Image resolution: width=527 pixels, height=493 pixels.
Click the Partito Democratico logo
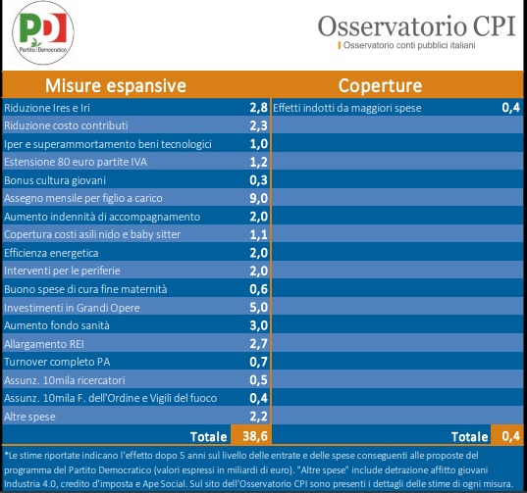pyautogui.click(x=43, y=32)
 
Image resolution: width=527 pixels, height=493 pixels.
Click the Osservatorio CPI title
pyautogui.click(x=416, y=25)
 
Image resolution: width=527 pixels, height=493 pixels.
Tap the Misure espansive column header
pyautogui.click(x=116, y=85)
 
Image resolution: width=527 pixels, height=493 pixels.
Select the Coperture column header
pyautogui.click(x=380, y=85)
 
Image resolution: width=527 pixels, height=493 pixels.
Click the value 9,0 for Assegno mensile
pyautogui.click(x=258, y=198)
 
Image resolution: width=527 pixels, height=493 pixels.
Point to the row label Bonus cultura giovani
pyautogui.click(x=55, y=180)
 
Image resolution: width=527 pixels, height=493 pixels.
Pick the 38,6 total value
pyautogui.click(x=255, y=436)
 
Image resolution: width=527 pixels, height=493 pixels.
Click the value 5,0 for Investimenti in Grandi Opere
pyautogui.click(x=258, y=307)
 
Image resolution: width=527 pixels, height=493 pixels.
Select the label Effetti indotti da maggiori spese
pyautogui.click(x=347, y=108)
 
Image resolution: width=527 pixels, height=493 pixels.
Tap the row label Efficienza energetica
pyautogui.click(x=51, y=253)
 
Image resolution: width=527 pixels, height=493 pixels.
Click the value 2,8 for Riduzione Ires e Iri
pyautogui.click(x=258, y=108)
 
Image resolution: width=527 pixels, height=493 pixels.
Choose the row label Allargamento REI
pyautogui.click(x=44, y=344)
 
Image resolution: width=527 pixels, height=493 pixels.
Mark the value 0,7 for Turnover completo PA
pyautogui.click(x=258, y=362)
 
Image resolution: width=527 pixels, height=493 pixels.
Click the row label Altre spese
pyautogui.click(x=29, y=417)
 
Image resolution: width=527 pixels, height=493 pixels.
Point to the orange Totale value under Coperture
pyautogui.click(x=511, y=436)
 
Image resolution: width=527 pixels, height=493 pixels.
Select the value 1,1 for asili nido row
pyautogui.click(x=258, y=234)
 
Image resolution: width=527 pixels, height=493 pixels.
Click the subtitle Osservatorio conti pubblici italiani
pyautogui.click(x=409, y=45)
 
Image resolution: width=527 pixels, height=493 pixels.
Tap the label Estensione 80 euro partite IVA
pyautogui.click(x=76, y=162)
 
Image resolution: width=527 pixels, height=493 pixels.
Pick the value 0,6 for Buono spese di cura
pyautogui.click(x=258, y=289)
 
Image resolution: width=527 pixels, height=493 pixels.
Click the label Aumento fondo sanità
pyautogui.click(x=57, y=325)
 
